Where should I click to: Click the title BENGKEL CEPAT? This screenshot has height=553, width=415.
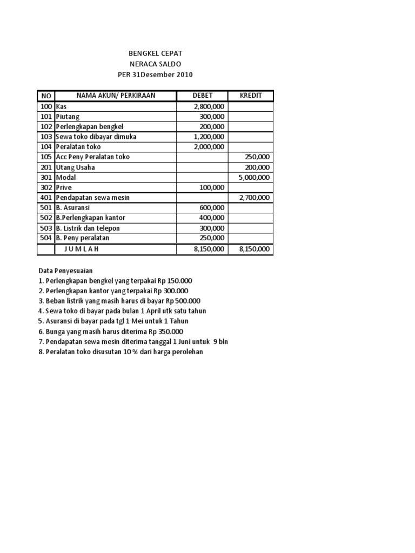[x=155, y=53]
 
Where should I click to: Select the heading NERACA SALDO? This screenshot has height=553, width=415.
[x=155, y=64]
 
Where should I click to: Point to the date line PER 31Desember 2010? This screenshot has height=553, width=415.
[x=155, y=75]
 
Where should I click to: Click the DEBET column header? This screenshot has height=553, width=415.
[x=203, y=96]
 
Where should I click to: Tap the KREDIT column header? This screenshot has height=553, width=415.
[x=251, y=96]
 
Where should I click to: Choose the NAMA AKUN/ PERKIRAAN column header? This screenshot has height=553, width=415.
[x=116, y=96]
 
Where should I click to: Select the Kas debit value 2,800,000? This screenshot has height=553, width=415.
[x=209, y=106]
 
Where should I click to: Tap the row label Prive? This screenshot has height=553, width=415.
[x=64, y=187]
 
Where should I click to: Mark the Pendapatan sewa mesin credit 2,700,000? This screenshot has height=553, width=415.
[x=254, y=198]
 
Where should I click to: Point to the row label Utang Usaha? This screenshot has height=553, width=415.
[x=75, y=167]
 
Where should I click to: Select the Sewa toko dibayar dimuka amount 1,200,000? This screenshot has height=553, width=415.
[x=209, y=137]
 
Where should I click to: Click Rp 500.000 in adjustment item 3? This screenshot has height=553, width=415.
[x=184, y=301]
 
